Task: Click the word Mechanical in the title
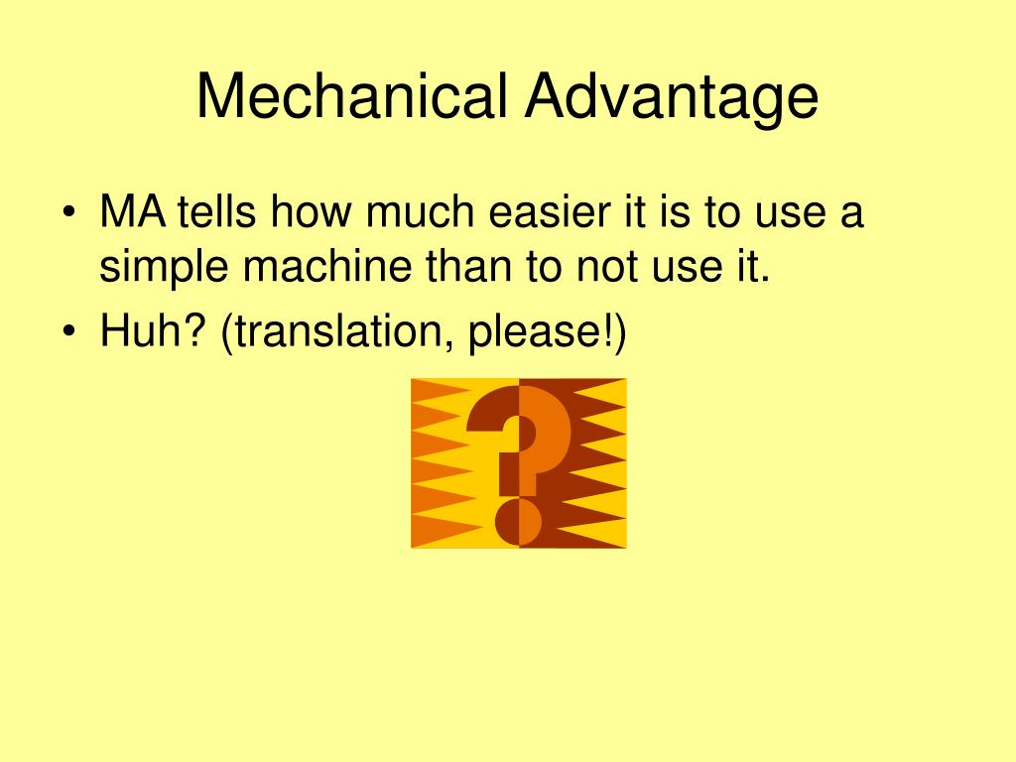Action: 351,95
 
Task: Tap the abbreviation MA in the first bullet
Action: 133,211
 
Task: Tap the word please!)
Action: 548,332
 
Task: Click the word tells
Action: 217,211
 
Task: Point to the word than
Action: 468,266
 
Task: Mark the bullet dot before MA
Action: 69,213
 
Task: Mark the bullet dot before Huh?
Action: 69,331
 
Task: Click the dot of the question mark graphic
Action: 518,522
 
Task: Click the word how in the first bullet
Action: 311,211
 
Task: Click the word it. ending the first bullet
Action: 754,266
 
